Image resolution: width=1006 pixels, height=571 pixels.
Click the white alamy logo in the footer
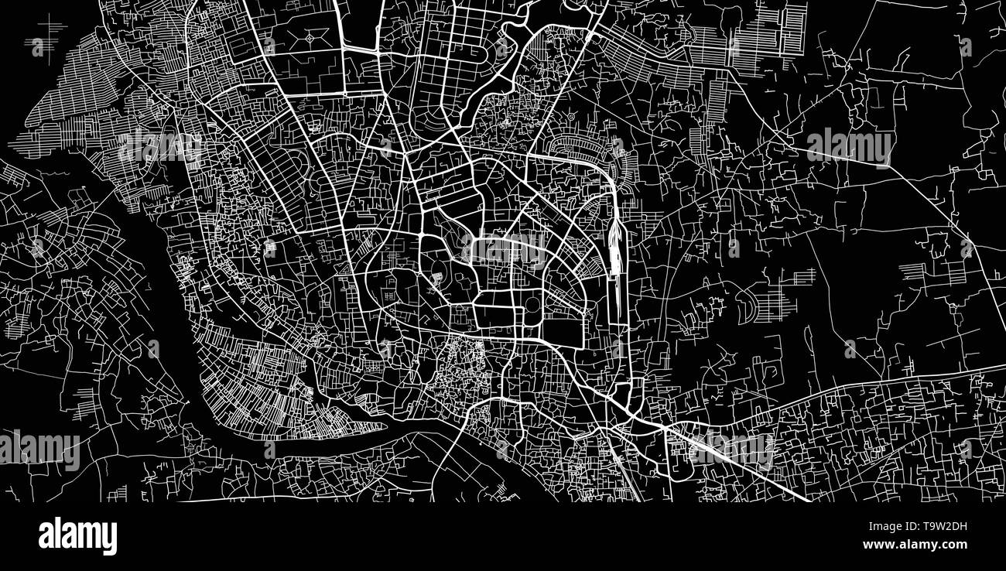[77, 536]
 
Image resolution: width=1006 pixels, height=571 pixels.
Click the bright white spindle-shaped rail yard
[615, 246]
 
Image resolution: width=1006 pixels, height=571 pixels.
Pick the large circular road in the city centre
[533, 306]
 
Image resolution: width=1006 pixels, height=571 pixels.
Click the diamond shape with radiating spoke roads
[312, 36]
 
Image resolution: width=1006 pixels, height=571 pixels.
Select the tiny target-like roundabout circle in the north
[570, 117]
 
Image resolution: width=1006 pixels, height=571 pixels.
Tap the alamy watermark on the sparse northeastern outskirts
[849, 146]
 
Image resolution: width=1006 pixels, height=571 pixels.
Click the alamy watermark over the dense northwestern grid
[159, 146]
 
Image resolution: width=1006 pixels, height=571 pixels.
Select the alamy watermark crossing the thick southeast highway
[731, 450]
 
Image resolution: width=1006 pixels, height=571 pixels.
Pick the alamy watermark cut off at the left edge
[39, 450]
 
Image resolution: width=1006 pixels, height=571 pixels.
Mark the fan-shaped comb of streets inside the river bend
[255, 387]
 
